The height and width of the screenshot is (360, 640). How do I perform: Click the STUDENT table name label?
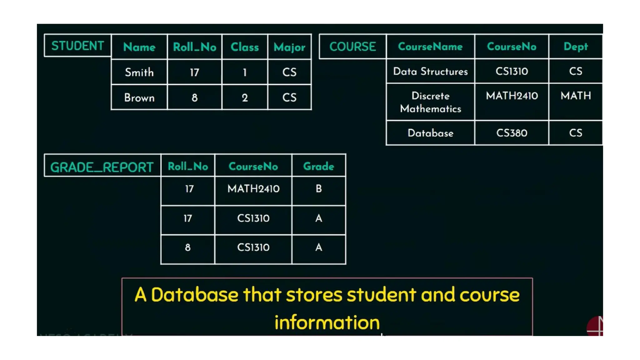point(77,46)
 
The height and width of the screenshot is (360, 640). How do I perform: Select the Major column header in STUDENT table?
point(289,47)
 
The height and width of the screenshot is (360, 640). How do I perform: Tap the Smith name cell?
point(139,72)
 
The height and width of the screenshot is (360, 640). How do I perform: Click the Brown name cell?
point(139,98)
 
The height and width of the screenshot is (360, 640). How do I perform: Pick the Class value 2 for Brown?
point(245,98)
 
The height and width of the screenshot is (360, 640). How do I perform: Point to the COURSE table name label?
point(352,47)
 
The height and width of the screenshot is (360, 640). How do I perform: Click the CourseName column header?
point(430,47)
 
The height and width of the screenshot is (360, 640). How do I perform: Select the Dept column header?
point(575,47)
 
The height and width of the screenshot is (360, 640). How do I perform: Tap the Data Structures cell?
point(430,71)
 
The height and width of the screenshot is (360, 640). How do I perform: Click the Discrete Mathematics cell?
point(430,102)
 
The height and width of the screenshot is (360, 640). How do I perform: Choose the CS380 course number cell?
point(512,133)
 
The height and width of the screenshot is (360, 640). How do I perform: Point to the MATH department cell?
point(575,96)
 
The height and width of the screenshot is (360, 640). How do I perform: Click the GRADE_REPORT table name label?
point(102,167)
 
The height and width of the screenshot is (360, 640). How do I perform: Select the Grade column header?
point(318,166)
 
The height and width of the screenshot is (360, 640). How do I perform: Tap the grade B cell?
point(318,189)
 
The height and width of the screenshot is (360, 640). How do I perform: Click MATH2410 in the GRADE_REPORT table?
point(253,189)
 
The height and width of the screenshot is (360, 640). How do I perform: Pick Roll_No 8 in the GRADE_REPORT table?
point(187,247)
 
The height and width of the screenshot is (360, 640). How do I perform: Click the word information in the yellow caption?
point(327,322)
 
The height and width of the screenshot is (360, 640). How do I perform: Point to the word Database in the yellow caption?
point(194,295)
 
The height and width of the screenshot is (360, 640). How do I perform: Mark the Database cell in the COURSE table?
point(430,133)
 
